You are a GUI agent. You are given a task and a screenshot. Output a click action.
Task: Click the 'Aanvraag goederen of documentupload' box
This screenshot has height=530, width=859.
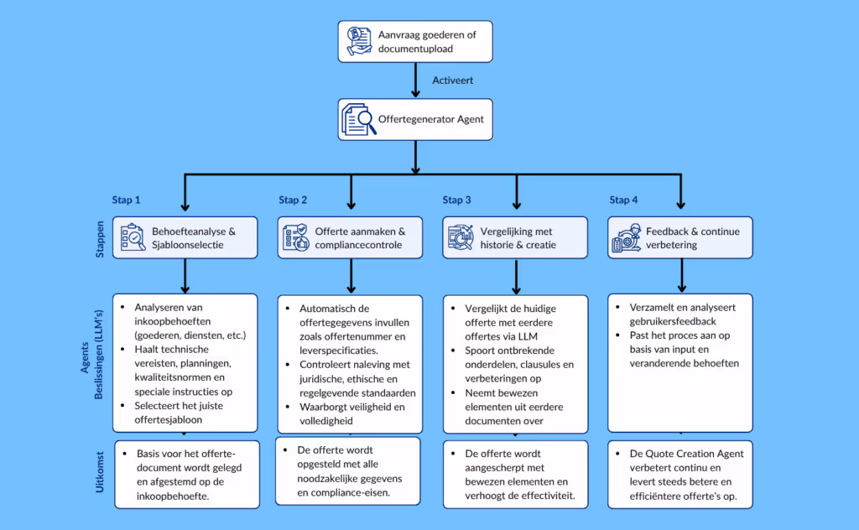pos(415,42)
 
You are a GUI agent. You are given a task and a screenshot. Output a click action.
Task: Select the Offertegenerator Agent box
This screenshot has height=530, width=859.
pos(415,120)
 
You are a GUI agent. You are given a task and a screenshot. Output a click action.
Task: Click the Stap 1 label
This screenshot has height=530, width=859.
pos(127,200)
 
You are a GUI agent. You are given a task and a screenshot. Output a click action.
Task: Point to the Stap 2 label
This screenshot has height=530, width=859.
pos(293,200)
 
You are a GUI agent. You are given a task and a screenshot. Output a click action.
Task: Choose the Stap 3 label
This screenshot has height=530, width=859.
pos(456,200)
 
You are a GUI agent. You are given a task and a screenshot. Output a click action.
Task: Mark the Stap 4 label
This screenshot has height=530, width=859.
pos(623,200)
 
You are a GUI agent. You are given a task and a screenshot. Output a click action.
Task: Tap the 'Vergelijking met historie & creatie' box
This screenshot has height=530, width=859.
pos(514,237)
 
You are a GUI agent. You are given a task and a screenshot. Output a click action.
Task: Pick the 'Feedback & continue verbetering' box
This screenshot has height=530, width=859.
pos(680,237)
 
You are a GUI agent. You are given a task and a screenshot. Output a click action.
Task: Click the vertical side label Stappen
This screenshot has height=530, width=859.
pos(100,238)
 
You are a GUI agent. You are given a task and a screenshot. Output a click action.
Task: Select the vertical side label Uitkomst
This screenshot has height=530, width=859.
pos(100,473)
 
